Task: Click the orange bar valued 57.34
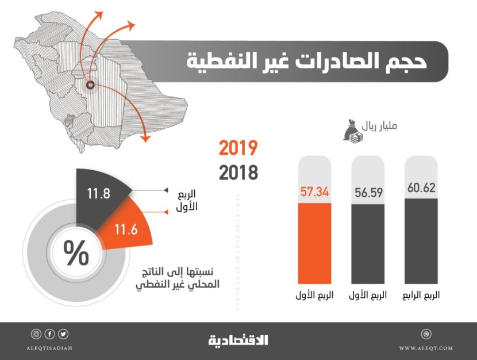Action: pos(314,244)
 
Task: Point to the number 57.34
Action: pos(314,192)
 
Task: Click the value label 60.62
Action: pos(421,187)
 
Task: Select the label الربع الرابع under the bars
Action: pos(421,295)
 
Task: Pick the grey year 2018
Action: pos(238,172)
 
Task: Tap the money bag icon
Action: pos(352,131)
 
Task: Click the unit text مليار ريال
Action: pos(383,126)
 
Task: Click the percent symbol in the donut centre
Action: pos(75,254)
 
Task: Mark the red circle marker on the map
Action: pos(90,85)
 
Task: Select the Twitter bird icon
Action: pos(63,334)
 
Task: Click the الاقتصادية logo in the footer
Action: pos(238,339)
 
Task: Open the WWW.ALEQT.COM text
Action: pos(425,348)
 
